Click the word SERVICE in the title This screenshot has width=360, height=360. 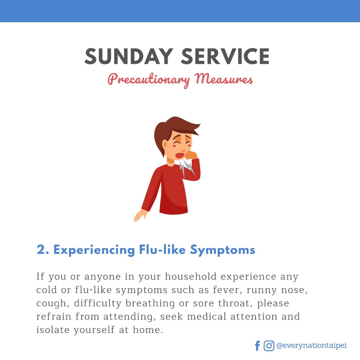[225, 56]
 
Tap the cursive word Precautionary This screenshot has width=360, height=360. [149, 80]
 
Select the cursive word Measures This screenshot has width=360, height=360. [223, 79]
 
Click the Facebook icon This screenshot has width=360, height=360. [257, 346]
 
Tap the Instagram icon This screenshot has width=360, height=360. [269, 346]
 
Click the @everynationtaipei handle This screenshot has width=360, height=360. [311, 345]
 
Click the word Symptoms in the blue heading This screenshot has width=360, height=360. [222, 250]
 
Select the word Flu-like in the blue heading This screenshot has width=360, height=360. [163, 249]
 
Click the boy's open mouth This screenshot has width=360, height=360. [179, 156]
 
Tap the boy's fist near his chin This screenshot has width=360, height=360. [191, 155]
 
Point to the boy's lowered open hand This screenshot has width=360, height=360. [141, 215]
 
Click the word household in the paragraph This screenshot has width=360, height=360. [191, 276]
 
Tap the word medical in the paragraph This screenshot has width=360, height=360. [207, 317]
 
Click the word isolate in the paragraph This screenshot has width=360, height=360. [53, 330]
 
